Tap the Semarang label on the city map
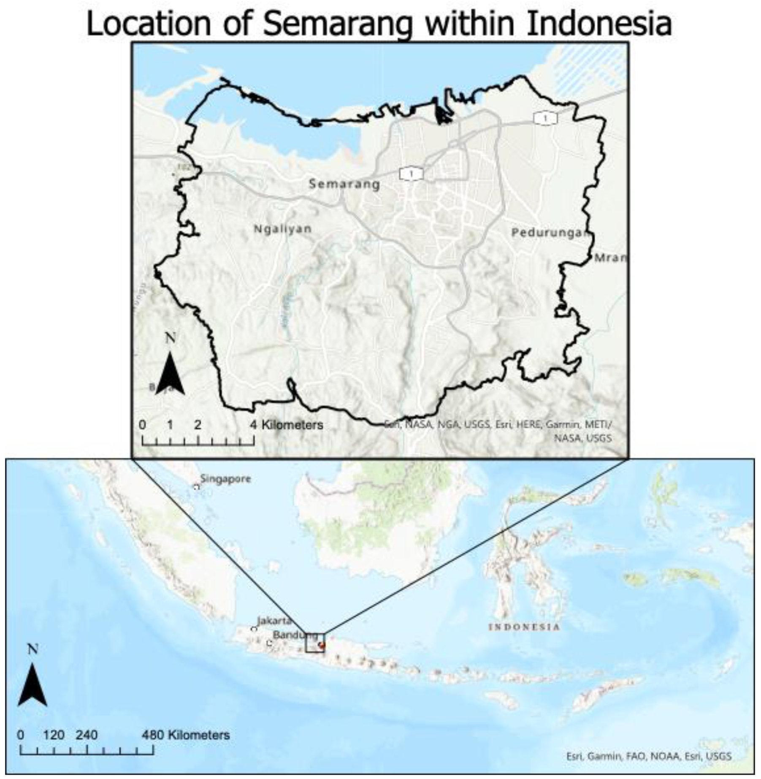(x=344, y=184)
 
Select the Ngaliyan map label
(x=282, y=229)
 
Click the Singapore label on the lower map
(x=225, y=479)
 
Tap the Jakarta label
(x=274, y=620)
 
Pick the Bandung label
(x=295, y=635)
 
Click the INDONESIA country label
(x=524, y=627)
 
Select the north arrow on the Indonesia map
(x=32, y=684)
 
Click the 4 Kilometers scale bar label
(x=287, y=425)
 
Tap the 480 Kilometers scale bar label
(x=186, y=735)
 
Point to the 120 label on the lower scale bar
(x=54, y=735)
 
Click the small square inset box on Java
(x=315, y=643)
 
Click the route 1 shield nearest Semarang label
(x=411, y=173)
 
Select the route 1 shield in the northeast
(x=545, y=119)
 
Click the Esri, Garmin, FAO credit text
(x=649, y=756)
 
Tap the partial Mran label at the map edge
(x=610, y=258)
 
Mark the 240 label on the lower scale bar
(x=87, y=735)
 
